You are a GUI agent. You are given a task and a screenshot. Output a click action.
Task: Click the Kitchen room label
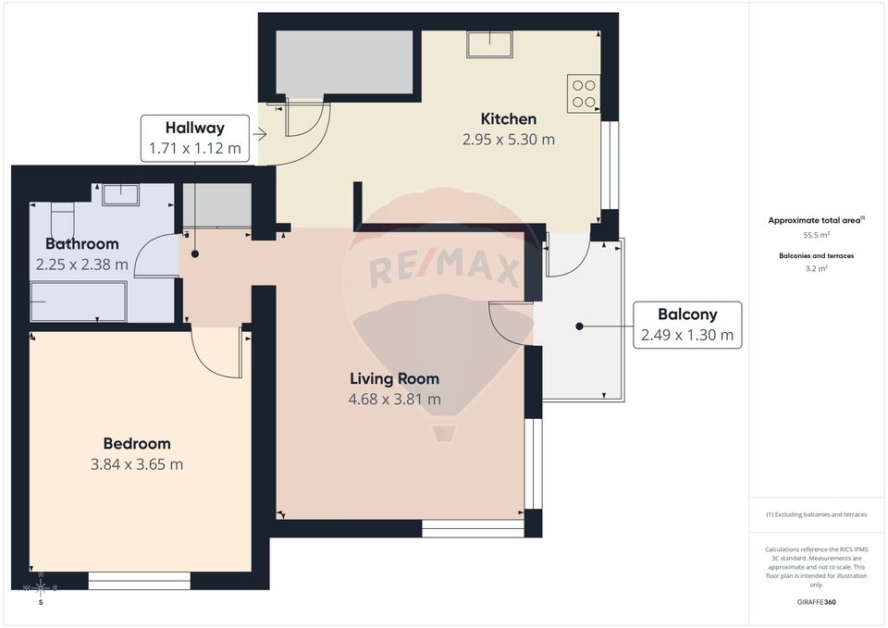pos(508,119)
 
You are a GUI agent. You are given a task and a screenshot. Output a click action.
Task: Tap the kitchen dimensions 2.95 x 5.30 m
pos(508,140)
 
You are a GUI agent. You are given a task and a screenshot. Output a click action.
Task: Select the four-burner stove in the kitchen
pos(584,93)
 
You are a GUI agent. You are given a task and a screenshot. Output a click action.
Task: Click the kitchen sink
pos(489,44)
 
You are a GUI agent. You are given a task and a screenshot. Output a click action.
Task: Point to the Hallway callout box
pos(194,138)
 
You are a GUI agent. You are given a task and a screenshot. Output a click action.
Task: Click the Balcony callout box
pos(686,325)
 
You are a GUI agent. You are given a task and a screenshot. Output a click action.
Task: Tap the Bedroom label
pos(137,444)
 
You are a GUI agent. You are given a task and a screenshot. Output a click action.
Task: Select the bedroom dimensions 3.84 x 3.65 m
pos(137,464)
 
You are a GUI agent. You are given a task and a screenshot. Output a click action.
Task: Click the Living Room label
pos(394,378)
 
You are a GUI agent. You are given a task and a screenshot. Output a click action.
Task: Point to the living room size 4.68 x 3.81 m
pos(394,400)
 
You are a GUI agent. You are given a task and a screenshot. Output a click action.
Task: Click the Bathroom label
pos(82,244)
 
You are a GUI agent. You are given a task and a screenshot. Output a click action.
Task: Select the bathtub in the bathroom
pos(78,302)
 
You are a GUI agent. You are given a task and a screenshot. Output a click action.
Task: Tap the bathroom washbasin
pos(119,194)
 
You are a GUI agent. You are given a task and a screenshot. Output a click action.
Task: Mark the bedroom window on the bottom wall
pos(140,581)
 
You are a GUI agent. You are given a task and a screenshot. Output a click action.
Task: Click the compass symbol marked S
pos(41,589)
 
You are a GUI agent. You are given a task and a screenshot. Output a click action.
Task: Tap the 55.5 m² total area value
pos(816,236)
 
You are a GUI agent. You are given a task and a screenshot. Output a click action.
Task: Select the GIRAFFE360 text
pos(816,602)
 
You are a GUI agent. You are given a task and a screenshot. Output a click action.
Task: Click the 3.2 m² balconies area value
pos(816,268)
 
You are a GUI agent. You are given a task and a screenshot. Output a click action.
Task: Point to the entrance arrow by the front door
pos(260,135)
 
